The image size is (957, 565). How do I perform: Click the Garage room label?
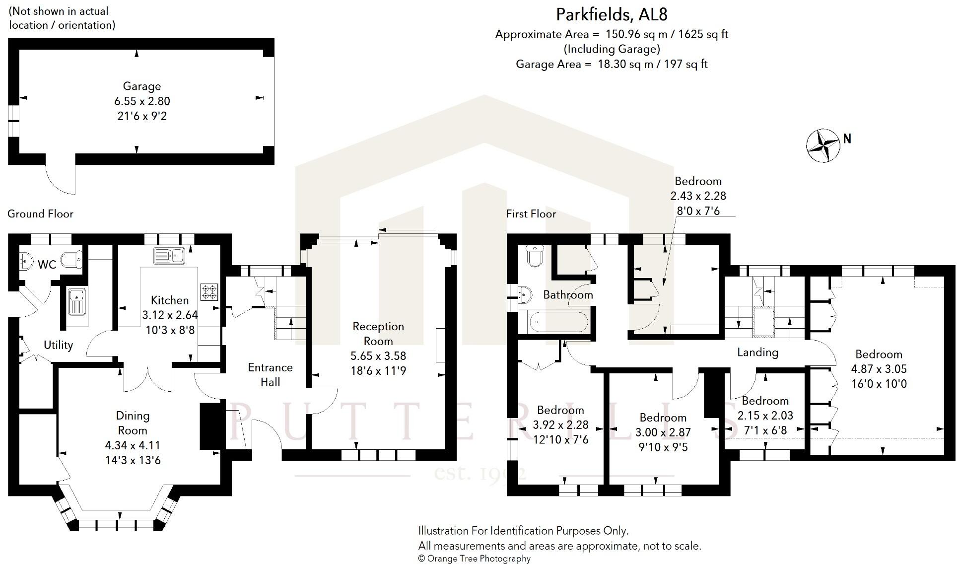pos(142,86)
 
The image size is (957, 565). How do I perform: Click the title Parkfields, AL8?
pos(612,15)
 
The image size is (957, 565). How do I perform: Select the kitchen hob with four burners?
pos(208,291)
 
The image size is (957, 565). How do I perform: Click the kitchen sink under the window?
pos(169,256)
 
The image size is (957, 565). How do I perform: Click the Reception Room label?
pos(378,334)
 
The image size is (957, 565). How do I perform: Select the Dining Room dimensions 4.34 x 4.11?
pos(133,445)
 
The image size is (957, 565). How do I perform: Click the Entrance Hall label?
pos(270,374)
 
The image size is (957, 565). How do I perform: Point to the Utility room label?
pos(58,345)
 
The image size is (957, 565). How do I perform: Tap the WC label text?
pos(47,265)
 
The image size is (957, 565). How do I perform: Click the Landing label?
pos(757,353)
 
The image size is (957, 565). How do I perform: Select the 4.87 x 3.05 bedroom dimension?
pos(879,369)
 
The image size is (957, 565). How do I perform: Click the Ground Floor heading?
pos(40,214)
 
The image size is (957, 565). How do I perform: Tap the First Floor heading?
pos(531,214)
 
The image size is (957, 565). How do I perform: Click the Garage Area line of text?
pos(612,64)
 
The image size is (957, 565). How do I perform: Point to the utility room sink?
pos(77,302)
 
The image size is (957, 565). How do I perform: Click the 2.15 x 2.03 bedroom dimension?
pos(765,416)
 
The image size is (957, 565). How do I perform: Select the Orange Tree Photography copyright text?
pos(475,559)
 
